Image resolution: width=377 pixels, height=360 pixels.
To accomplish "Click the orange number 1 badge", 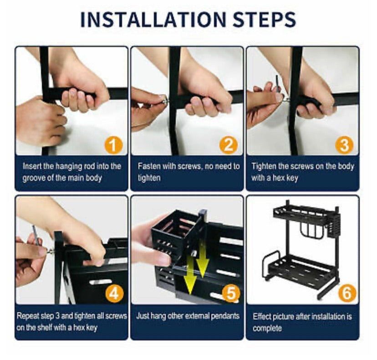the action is click(113, 145).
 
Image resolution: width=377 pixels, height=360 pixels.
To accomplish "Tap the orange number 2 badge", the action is click(229, 144).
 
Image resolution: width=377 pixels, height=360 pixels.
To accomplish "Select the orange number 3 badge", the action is click(344, 144).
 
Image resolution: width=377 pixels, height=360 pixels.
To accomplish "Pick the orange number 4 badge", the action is click(114, 293).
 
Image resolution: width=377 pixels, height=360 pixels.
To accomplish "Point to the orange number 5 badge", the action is click(231, 293).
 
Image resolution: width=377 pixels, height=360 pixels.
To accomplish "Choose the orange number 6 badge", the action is click(347, 293).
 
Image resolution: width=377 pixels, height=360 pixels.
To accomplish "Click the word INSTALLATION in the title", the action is click(153, 19).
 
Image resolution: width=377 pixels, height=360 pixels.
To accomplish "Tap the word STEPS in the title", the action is click(264, 19).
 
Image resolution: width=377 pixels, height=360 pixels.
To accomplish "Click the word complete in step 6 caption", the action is click(267, 328).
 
